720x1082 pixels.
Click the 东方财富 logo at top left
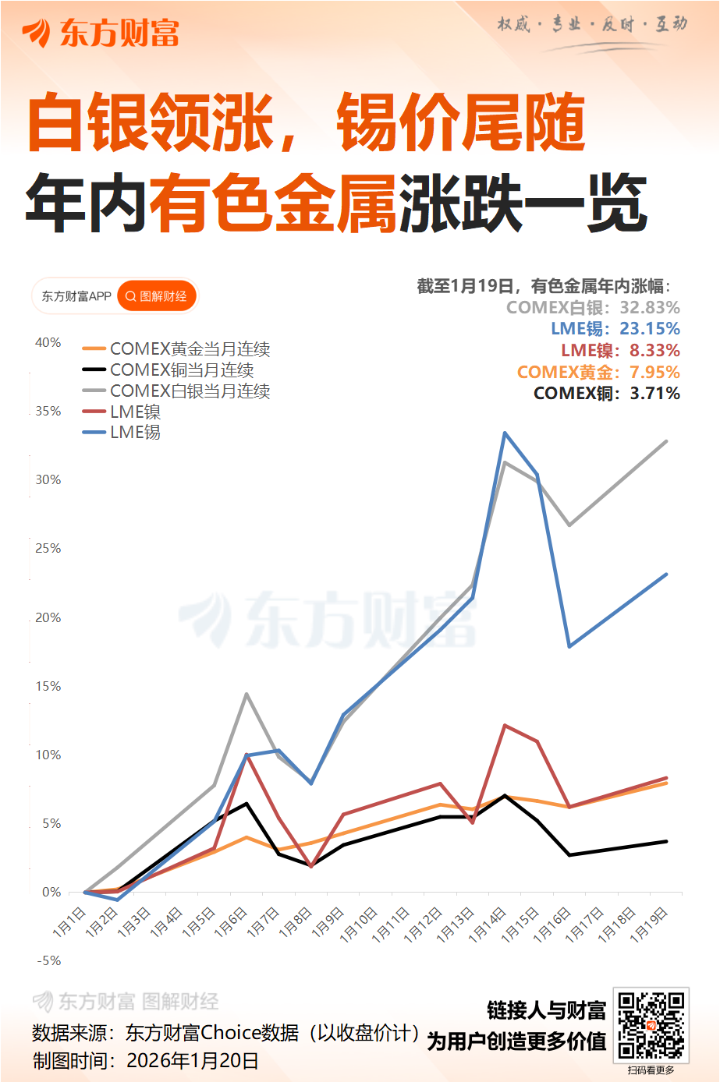tap(101, 33)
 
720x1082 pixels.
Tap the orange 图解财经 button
tap(157, 296)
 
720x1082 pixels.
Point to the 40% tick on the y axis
tap(48, 342)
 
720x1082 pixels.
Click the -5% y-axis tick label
tap(49, 960)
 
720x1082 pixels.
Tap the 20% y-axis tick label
tap(48, 617)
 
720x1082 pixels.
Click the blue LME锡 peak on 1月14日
tap(505, 433)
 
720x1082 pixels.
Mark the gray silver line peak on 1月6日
tap(247, 694)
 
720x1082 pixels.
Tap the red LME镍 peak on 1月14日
tap(505, 725)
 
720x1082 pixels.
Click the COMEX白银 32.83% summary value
tap(650, 307)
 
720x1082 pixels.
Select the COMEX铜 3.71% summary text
tap(606, 393)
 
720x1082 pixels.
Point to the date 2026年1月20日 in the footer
tap(192, 1060)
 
